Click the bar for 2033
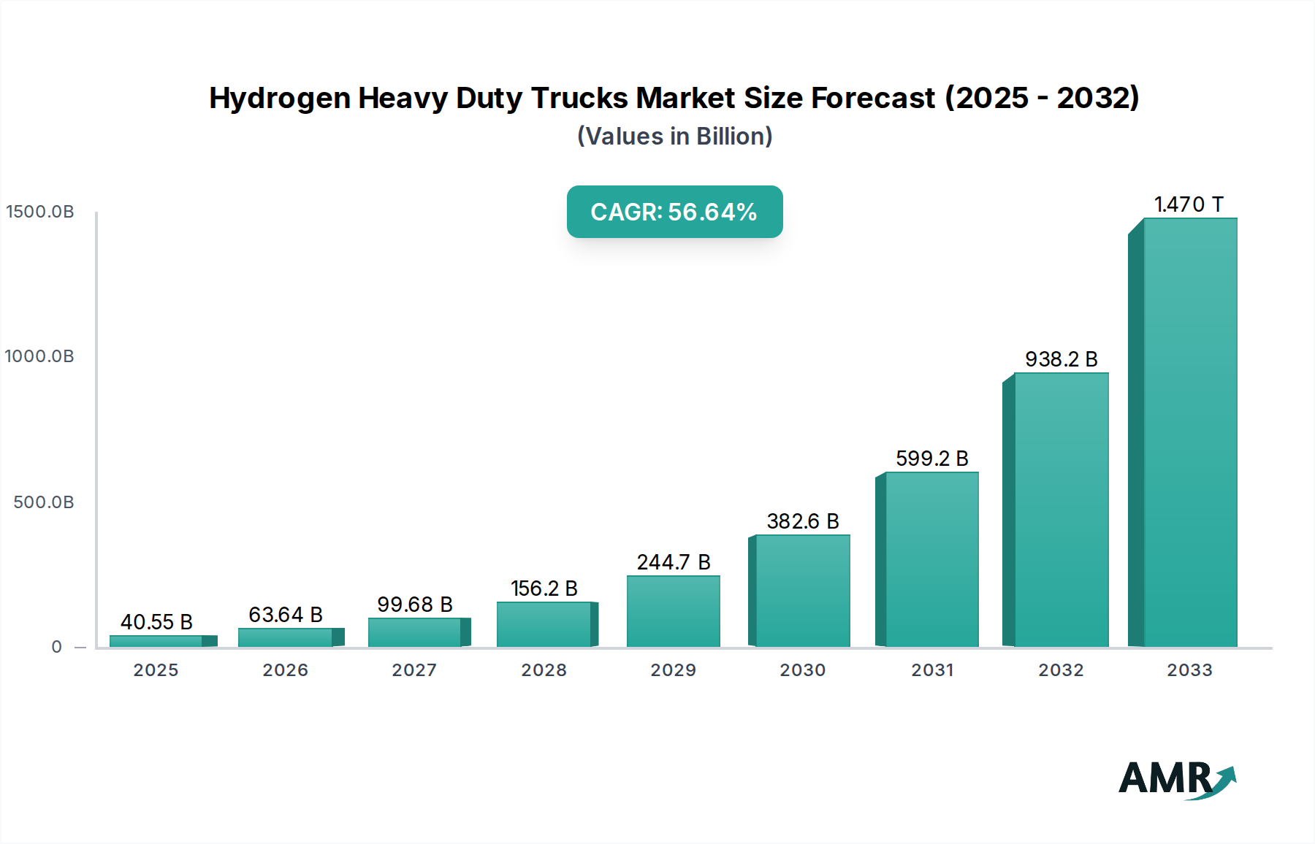click(1189, 432)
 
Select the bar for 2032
click(1061, 510)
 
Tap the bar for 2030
click(802, 591)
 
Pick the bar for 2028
click(544, 624)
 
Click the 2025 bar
click(156, 641)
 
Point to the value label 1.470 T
click(1189, 204)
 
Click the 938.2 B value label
click(1061, 359)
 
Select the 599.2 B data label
click(931, 459)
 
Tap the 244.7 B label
click(673, 562)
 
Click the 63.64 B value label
click(285, 615)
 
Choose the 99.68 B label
click(414, 605)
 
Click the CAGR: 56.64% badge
click(674, 212)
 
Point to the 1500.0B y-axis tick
click(40, 212)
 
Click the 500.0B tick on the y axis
click(44, 502)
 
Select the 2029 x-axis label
click(673, 670)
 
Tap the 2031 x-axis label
click(931, 670)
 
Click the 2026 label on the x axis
click(285, 670)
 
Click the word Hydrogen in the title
click(280, 99)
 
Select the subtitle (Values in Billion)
click(674, 137)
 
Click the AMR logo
click(1176, 779)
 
